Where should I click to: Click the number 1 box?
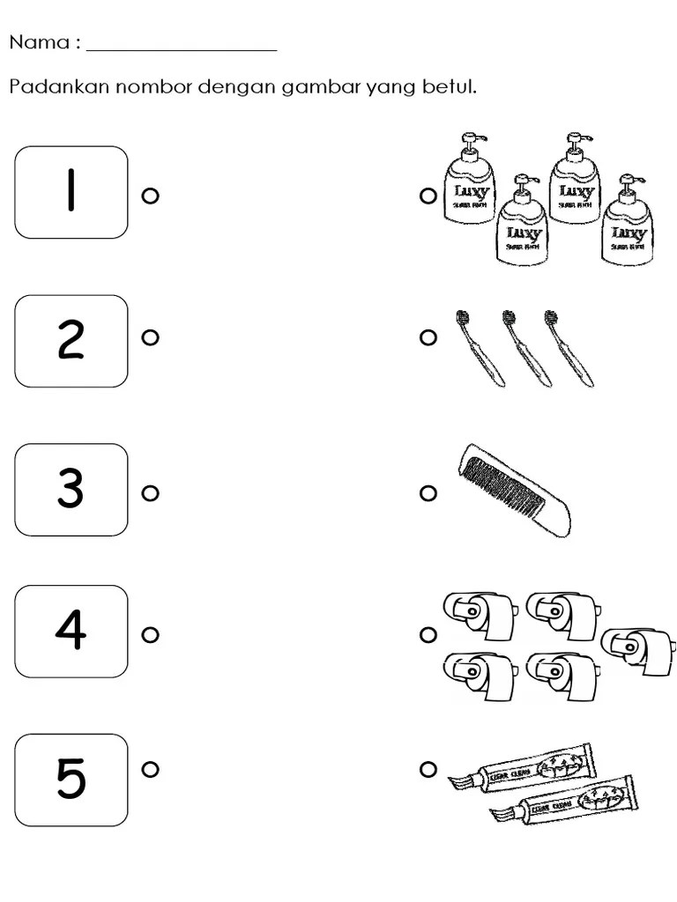[71, 192]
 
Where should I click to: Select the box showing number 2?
[71, 341]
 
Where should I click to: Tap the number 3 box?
[71, 490]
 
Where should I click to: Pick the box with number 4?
[71, 631]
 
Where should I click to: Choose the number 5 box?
[71, 780]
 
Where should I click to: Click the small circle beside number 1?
[150, 196]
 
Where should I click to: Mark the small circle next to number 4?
[150, 634]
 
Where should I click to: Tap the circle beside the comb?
[428, 493]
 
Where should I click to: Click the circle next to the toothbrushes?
[428, 337]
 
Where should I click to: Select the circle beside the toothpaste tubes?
[428, 770]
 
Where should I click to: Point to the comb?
[515, 490]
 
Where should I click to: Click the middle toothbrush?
[525, 347]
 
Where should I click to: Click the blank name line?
[182, 48]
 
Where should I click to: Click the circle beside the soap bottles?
[428, 197]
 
